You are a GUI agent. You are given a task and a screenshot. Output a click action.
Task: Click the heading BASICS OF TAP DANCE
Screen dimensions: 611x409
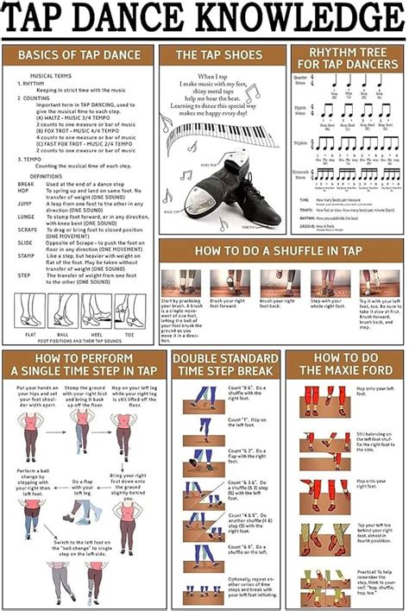pyautogui.click(x=79, y=56)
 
